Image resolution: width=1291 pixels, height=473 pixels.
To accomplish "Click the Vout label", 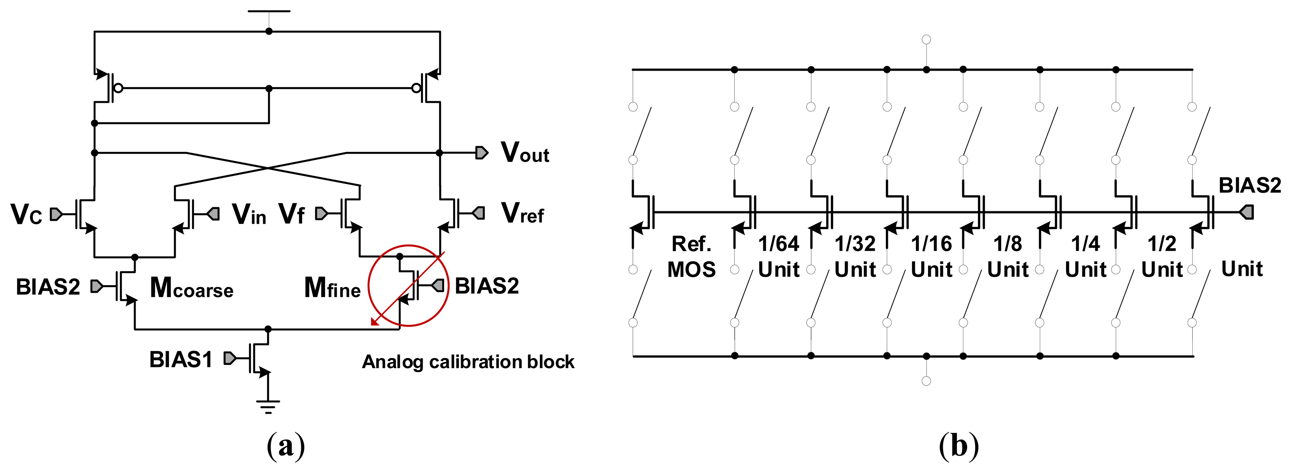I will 525,152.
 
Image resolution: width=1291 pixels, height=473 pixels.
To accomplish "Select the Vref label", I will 522,213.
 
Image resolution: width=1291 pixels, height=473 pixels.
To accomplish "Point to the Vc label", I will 26,214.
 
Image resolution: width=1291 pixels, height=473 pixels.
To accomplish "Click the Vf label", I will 291,214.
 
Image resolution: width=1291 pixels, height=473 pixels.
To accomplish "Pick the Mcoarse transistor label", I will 192,288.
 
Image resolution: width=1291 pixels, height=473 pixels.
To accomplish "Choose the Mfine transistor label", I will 332,288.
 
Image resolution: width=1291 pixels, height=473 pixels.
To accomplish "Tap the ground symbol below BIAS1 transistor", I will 268,405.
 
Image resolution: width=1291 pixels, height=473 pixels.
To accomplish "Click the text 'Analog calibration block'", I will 468,362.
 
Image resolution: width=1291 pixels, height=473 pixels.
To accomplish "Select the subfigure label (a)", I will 286,445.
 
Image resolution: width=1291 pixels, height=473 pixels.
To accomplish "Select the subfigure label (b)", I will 958,445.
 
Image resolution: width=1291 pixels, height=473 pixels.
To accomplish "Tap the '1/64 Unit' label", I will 778,257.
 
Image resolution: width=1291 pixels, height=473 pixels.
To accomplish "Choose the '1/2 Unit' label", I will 1162,257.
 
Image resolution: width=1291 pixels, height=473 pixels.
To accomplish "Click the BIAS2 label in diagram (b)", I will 1250,186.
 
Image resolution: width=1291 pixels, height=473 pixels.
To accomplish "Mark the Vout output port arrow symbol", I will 481,152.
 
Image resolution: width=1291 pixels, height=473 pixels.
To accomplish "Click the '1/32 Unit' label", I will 855,257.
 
